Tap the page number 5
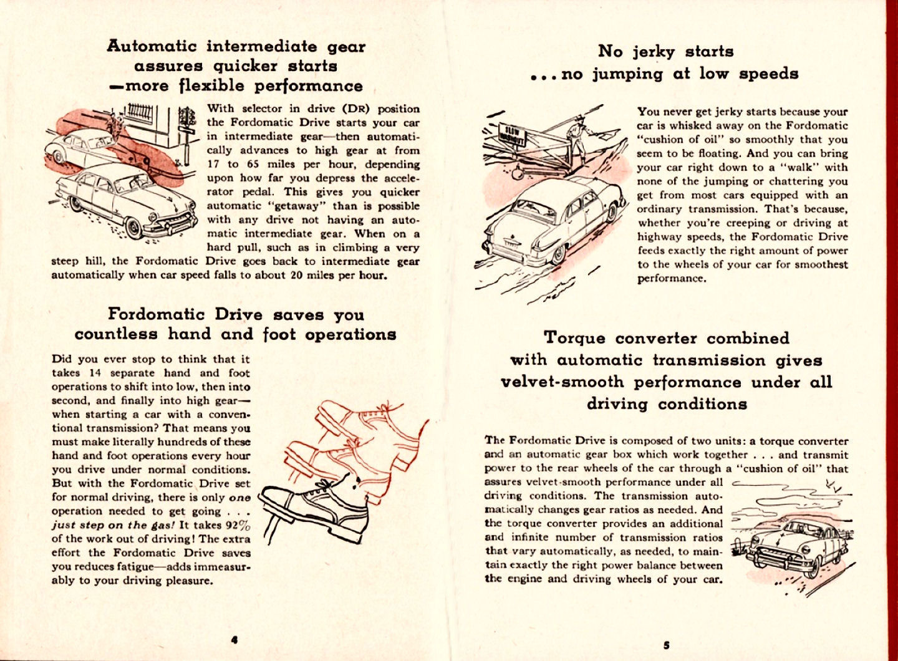[x=666, y=645]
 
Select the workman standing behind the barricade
[x=577, y=137]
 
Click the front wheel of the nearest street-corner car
[x=135, y=228]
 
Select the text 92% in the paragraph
[x=237, y=524]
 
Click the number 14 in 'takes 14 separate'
[x=93, y=373]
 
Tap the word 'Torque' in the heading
[x=574, y=338]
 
